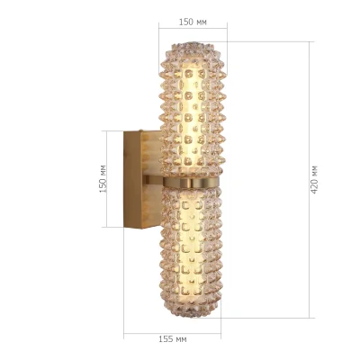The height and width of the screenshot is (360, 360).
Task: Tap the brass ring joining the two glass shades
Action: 193,183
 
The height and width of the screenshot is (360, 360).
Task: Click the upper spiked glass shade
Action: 193,108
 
